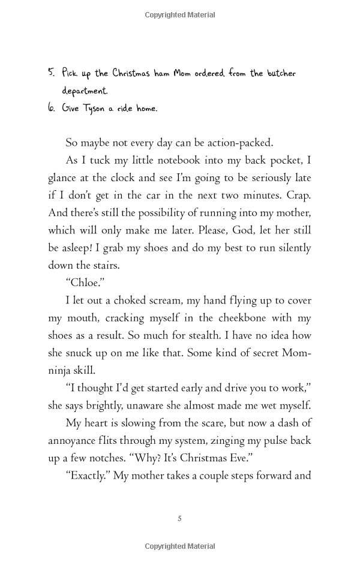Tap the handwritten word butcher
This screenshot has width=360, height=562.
[280, 74]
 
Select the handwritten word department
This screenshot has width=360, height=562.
[85, 92]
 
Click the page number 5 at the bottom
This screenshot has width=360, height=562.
[179, 518]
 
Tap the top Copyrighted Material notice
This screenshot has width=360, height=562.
[180, 15]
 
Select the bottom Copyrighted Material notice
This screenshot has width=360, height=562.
[180, 546]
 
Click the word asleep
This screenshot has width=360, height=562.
[81, 248]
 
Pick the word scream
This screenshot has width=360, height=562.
[170, 300]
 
